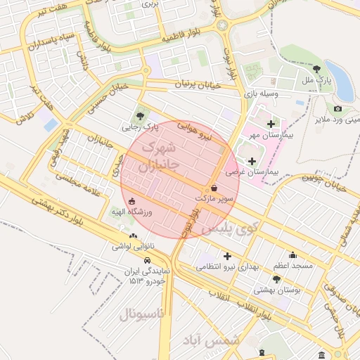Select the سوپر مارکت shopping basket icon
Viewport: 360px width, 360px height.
point(214,188)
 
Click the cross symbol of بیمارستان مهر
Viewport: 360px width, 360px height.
point(271,124)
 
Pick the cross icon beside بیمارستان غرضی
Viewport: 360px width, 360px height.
point(252,161)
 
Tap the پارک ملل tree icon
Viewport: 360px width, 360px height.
point(317,69)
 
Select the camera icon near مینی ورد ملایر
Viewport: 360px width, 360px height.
point(338,108)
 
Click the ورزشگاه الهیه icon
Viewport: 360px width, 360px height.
point(132,201)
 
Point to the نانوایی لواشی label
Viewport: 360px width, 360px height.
point(133,247)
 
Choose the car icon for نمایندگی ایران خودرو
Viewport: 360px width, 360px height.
point(146,260)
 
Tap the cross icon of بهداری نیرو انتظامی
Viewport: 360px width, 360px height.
point(226,256)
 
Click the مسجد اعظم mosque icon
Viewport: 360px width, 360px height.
point(292,255)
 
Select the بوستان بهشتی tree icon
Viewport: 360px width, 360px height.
point(276,279)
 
